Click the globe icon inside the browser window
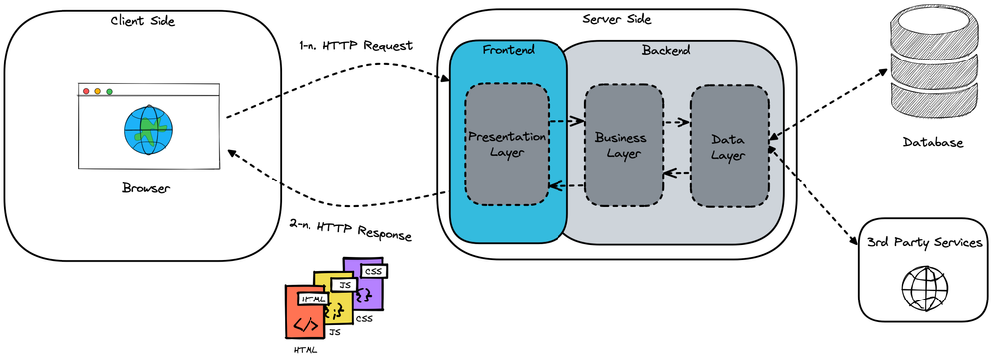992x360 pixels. (148, 132)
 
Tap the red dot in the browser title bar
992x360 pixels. (86, 92)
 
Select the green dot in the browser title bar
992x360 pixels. (109, 92)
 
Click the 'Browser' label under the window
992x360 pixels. (147, 188)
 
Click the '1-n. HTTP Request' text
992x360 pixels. (355, 47)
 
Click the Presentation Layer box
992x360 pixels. (507, 145)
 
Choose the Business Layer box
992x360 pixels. (623, 146)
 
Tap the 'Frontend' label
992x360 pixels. (507, 50)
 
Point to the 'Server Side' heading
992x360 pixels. (617, 20)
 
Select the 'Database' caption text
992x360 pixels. (931, 143)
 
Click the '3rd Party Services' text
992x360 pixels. (923, 243)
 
